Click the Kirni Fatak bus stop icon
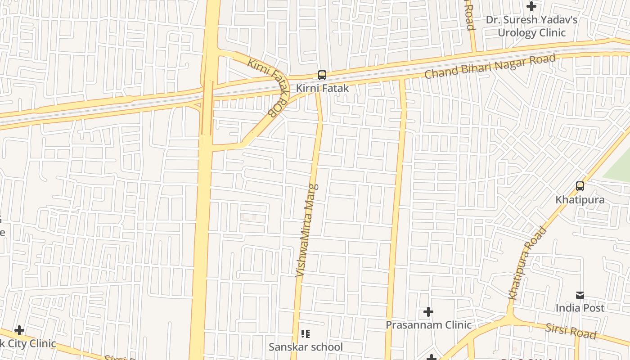pos(322,75)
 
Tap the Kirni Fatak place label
pos(322,88)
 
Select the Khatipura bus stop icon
pos(580,186)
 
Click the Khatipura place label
pos(580,199)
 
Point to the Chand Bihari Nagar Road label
pos(490,67)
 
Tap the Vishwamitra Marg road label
pos(307,229)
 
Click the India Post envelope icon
pos(580,295)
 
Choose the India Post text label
pos(580,308)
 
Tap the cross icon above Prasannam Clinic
pos(428,311)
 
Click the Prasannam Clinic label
pos(428,325)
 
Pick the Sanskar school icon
pos(306,334)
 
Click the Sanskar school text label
pos(306,347)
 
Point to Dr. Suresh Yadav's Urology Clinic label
pos(531,26)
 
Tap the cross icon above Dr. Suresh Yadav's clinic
pos(531,6)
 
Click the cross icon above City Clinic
pos(19,331)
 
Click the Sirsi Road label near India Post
pos(571,331)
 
